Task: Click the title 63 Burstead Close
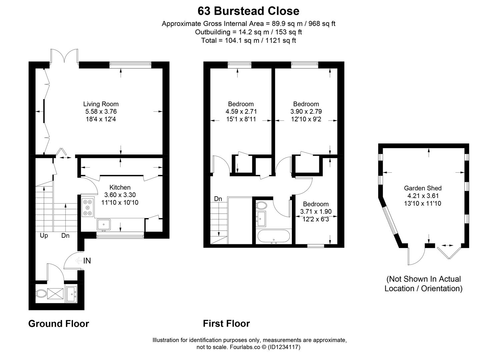point(248,11)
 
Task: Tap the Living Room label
point(101,104)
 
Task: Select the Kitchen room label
point(120,187)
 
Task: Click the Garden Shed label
point(423,188)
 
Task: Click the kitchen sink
point(104,224)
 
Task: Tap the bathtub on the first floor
point(274,237)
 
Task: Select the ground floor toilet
point(41,294)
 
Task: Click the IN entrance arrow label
point(87,261)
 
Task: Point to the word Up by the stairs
point(44,236)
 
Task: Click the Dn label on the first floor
point(218,199)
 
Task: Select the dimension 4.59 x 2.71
point(241,112)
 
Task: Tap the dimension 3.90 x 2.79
point(306,112)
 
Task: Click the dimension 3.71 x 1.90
point(316,212)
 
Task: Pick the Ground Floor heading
point(59,324)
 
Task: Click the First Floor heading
point(226,324)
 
